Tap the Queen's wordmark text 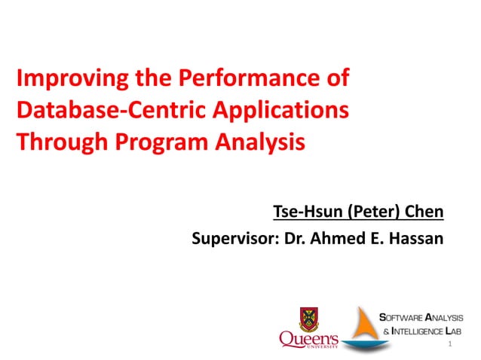pos(309,340)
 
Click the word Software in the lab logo pos(401,318)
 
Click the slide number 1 pos(449,345)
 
